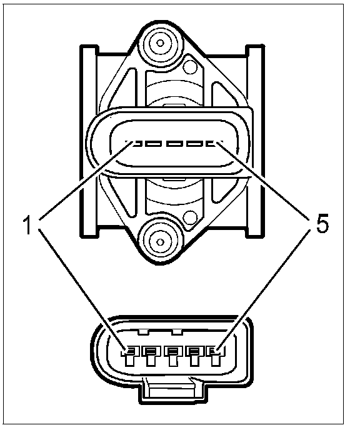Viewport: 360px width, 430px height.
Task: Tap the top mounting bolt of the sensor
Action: pos(161,43)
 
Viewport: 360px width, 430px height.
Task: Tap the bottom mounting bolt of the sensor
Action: pos(161,242)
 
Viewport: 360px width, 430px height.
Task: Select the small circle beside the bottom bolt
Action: pos(190,218)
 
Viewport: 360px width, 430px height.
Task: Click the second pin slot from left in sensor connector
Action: pos(153,143)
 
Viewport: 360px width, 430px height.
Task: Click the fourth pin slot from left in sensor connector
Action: pos(194,143)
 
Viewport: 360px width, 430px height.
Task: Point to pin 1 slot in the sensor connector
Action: pos(134,143)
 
